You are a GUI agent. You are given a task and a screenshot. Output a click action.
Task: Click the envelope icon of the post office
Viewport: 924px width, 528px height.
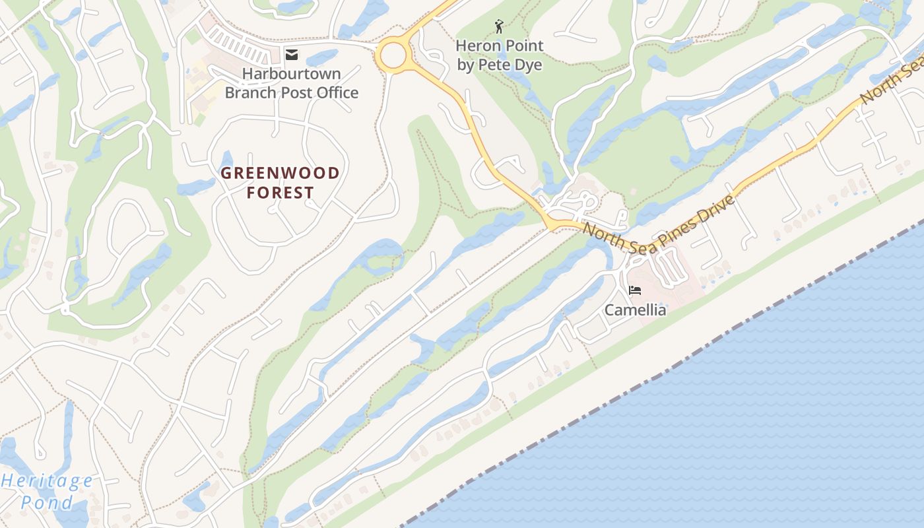click(291, 54)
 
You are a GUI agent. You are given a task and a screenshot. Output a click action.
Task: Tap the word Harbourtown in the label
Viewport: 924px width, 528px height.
click(291, 73)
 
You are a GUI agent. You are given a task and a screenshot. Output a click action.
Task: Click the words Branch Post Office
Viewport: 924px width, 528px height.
click(291, 92)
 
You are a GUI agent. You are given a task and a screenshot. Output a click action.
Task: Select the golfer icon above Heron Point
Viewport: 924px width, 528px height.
click(500, 26)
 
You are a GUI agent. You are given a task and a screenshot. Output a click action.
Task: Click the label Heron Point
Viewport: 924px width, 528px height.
click(500, 46)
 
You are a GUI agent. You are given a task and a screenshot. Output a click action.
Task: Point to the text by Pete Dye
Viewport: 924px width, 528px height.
click(500, 65)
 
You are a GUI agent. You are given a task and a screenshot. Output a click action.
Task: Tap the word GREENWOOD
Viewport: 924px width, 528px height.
click(280, 174)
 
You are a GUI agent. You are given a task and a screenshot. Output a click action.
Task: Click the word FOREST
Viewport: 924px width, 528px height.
click(280, 193)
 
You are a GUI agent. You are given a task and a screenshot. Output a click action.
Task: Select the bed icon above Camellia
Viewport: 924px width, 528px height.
click(635, 290)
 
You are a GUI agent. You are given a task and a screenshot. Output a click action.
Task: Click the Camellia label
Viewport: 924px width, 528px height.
click(635, 310)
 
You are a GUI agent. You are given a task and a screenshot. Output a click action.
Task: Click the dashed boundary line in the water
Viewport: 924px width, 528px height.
click(660, 374)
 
